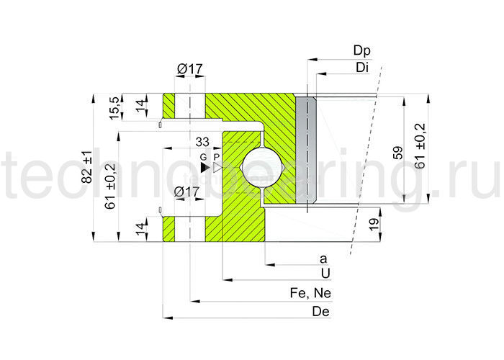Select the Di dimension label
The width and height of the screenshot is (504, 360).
coord(362,67)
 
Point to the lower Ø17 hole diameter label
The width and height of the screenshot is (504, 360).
coord(187,192)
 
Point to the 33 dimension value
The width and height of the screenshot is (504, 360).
coord(202,142)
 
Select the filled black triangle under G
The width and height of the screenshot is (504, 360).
coord(204,167)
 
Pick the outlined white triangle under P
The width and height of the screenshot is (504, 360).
coord(217,167)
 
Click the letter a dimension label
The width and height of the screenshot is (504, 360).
coord(323,258)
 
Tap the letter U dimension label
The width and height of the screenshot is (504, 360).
coord(325,274)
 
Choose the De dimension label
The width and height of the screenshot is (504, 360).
coord(321,311)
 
